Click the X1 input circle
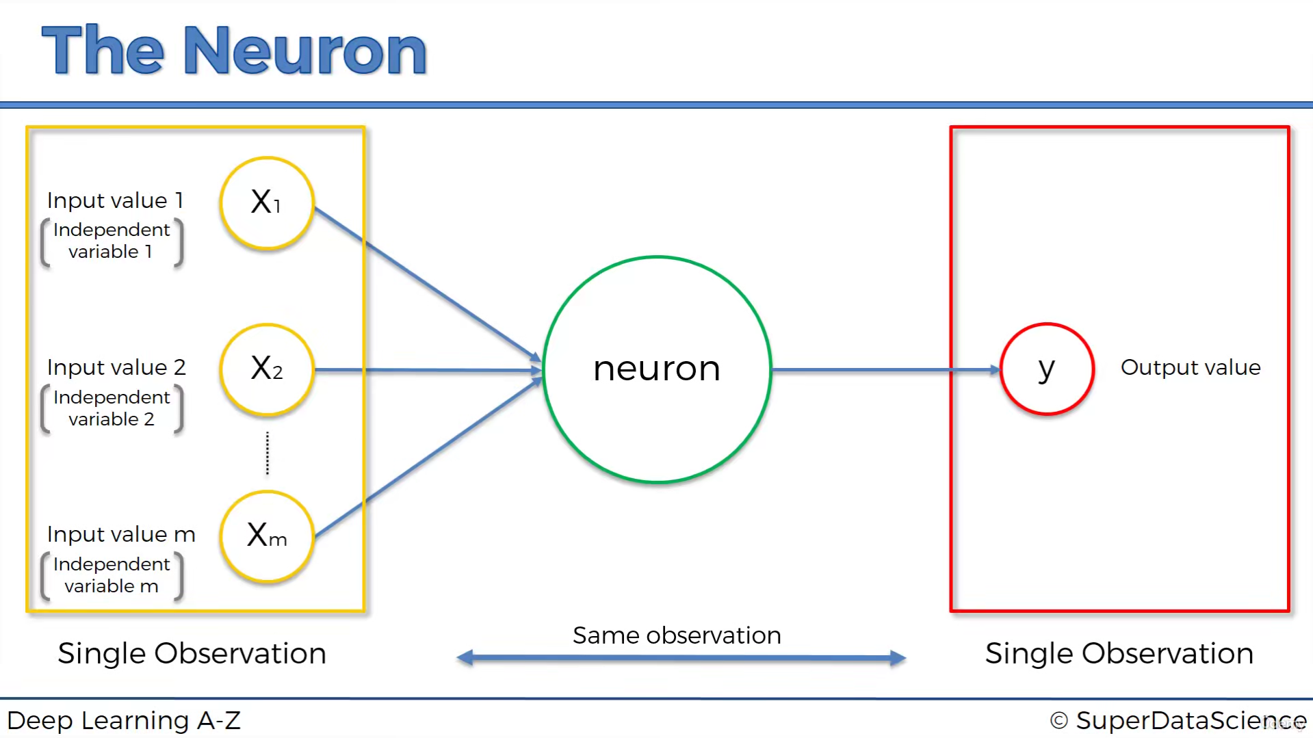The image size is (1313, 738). coord(267,202)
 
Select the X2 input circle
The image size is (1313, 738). coord(267,369)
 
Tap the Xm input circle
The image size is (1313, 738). coord(267,536)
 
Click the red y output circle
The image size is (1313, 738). coord(1046,369)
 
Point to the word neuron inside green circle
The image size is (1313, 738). coord(656,369)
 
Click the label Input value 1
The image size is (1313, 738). coord(115,200)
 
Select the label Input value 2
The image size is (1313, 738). coord(116,367)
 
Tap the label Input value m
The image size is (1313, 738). coord(121,534)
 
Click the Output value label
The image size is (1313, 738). coord(1190,367)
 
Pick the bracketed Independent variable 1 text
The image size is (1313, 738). coord(112,241)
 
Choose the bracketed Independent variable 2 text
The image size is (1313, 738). coord(112,408)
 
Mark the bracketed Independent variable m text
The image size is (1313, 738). coord(112,575)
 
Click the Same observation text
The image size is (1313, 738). coord(677,635)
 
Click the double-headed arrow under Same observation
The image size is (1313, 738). coord(681,658)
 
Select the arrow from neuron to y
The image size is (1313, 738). coord(883,370)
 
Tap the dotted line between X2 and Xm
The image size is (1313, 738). coord(268,453)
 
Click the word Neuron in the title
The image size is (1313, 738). coord(305,51)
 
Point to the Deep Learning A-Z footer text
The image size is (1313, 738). coord(124,720)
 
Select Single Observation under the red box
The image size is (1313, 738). coord(1119,654)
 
